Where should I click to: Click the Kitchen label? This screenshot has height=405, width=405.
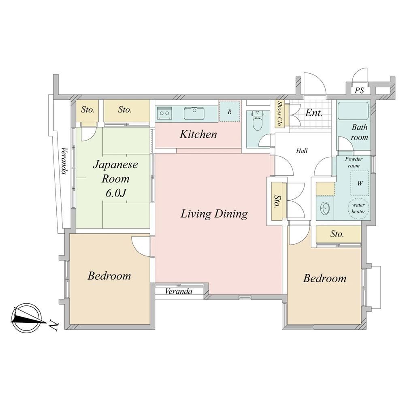(198, 134)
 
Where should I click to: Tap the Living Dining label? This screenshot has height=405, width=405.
(214, 214)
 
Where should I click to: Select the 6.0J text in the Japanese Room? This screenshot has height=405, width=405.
(115, 193)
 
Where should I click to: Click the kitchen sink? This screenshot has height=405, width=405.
(194, 113)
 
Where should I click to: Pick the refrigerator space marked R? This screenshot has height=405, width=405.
(229, 111)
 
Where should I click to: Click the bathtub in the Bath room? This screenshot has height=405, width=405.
(353, 111)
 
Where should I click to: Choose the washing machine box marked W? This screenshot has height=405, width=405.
(360, 183)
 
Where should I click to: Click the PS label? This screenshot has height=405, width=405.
(359, 90)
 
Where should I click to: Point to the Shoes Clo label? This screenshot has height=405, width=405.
(279, 113)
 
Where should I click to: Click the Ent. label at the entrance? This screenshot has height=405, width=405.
(314, 113)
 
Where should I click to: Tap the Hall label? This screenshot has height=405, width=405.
(302, 151)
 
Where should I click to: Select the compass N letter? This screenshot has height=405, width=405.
(53, 326)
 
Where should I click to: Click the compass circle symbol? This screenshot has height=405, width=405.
(26, 318)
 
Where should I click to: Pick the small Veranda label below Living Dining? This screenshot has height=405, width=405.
(179, 291)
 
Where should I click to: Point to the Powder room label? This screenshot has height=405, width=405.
(354, 162)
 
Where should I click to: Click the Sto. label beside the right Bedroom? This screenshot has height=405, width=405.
(337, 234)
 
